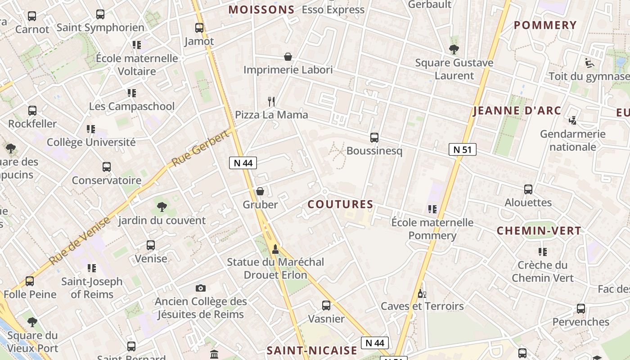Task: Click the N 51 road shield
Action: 462,149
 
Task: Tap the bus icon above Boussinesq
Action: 374,138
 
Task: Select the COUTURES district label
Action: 340,204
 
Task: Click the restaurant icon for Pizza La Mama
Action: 271,101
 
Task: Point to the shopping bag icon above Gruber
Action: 260,191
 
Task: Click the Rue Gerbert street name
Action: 200,149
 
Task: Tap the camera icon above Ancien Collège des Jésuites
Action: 201,288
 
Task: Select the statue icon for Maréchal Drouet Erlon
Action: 275,248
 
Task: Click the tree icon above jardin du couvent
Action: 162,207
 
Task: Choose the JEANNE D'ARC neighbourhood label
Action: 517,111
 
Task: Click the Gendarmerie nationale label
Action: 572,140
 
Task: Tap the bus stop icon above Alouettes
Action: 528,189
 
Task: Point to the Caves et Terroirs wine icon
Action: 422,293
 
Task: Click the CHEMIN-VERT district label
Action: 539,231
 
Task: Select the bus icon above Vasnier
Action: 326,306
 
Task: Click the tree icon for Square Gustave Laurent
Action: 454,49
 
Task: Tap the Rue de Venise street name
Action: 80,241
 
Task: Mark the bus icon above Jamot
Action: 199,28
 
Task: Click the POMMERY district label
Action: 545,25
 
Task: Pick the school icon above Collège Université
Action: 91,129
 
